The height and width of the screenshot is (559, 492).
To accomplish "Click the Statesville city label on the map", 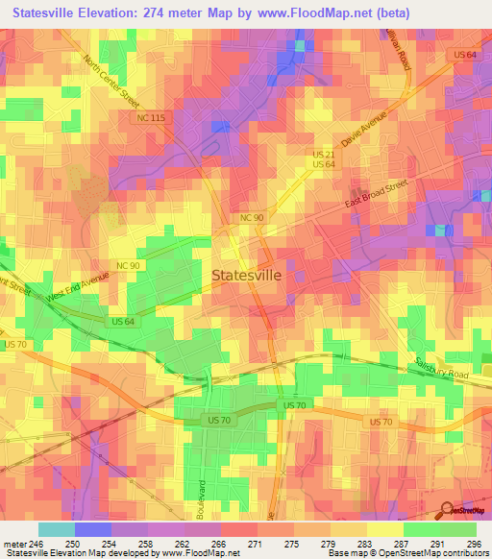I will coord(246,275).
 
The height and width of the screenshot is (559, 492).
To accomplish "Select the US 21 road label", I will coord(322,154).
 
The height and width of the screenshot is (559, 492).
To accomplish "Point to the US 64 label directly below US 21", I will coord(322,165).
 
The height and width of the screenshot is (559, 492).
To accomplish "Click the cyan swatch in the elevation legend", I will coord(56,529).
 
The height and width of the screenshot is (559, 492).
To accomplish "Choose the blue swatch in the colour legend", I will coord(92,529).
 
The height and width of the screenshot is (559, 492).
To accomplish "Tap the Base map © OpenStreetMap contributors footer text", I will coord(407,554).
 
